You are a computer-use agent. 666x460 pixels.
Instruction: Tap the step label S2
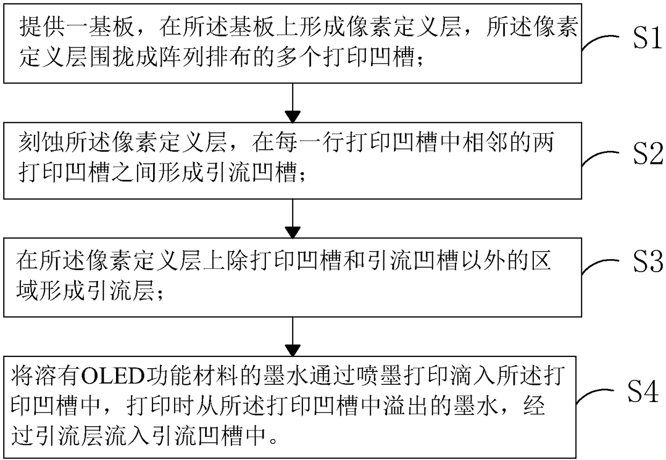[648, 154]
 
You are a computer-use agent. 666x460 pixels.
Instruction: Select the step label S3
[648, 262]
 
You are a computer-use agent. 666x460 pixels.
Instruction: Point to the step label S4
[642, 391]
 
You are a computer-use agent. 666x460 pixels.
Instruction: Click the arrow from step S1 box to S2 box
[293, 103]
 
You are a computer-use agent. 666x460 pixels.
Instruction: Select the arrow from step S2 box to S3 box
[293, 218]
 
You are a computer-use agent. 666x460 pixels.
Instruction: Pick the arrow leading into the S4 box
[293, 337]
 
